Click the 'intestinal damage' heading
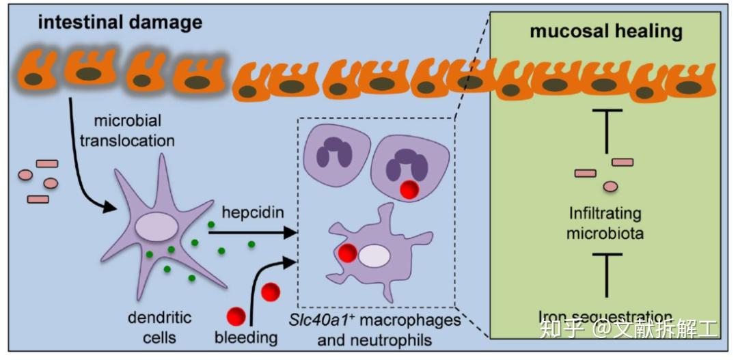[120, 22]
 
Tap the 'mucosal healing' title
[606, 31]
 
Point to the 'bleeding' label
[246, 337]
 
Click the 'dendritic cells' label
[160, 327]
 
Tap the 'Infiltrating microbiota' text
[606, 224]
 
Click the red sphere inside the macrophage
[348, 253]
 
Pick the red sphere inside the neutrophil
[409, 189]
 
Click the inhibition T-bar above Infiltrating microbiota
[605, 130]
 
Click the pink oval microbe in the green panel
[610, 186]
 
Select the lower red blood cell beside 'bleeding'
[237, 316]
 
